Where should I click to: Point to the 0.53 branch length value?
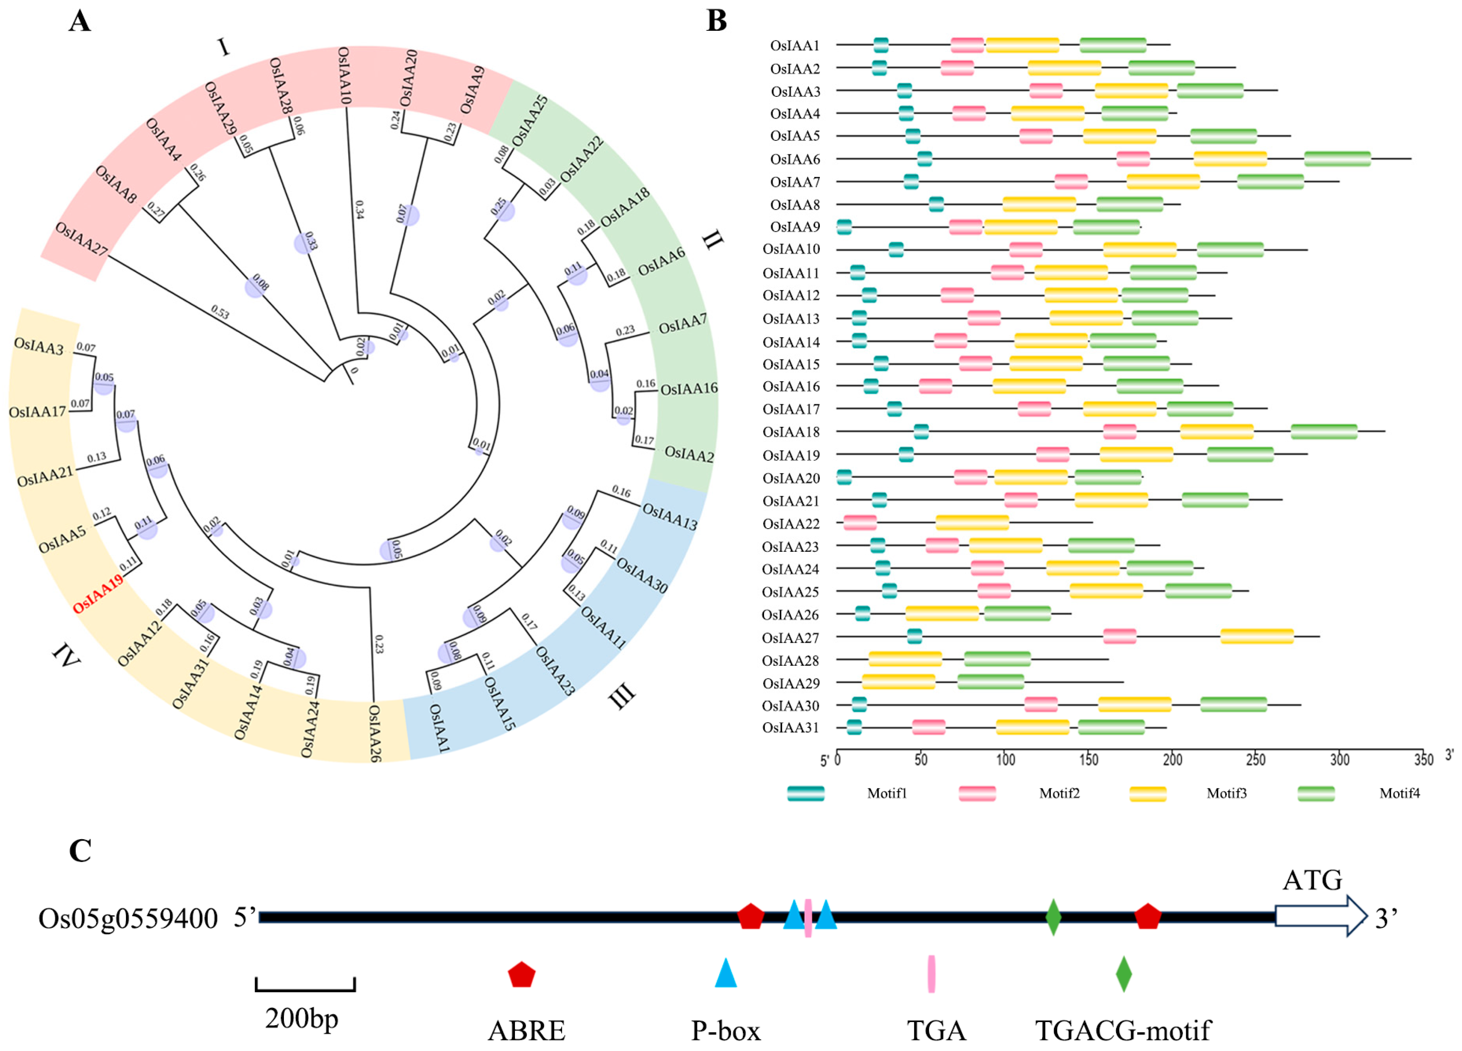(220, 312)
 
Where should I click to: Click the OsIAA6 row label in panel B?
(795, 159)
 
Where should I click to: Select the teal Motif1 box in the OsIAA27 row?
(914, 637)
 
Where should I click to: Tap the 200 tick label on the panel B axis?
(1172, 760)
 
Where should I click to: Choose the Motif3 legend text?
(1226, 794)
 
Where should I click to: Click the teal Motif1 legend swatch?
(805, 794)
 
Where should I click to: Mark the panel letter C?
(80, 850)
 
